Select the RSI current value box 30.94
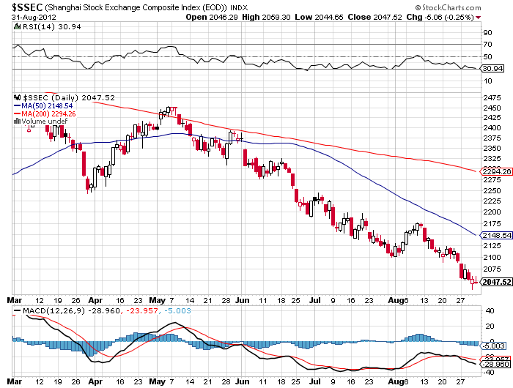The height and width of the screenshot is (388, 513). (x=490, y=68)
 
